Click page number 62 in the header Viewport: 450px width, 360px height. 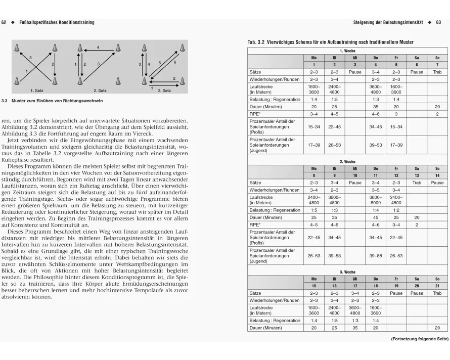tap(4, 22)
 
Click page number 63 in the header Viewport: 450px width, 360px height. tap(439, 22)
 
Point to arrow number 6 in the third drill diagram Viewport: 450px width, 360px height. tap(174, 61)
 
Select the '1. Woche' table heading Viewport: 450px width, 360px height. tap(348, 51)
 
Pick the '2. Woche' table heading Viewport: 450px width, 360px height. tap(348, 162)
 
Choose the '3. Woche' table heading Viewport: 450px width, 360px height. tap(348, 272)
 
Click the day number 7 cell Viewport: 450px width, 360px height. tap(437, 65)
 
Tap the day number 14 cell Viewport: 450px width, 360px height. tap(437, 175)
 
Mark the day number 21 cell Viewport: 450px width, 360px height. tap(437, 286)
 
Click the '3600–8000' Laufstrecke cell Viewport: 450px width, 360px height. tap(375, 200)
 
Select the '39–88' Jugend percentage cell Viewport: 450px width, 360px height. tap(375, 256)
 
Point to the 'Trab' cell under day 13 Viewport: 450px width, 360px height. tap(417, 183)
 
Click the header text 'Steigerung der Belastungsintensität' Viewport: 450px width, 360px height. tap(388, 22)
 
